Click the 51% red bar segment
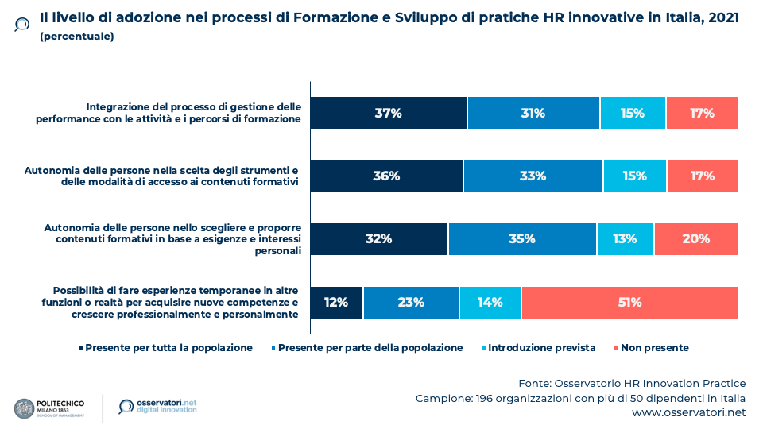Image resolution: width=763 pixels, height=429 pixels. (x=629, y=302)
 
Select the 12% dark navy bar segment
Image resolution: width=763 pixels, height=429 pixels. (x=336, y=302)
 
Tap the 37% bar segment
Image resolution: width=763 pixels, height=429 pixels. (x=388, y=113)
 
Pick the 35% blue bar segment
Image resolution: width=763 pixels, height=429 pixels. (x=522, y=238)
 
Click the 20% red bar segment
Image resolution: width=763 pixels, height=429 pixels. (x=696, y=238)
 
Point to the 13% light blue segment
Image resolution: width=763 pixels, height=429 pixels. (x=625, y=238)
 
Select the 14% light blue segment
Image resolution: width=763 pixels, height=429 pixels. (x=490, y=302)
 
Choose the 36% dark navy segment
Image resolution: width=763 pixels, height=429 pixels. (x=386, y=176)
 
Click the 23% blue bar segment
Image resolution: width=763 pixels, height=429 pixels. (x=411, y=302)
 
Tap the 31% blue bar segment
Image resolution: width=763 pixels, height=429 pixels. (x=533, y=113)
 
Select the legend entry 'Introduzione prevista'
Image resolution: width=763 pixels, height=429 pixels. (x=538, y=348)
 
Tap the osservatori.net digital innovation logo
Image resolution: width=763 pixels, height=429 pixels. (x=157, y=407)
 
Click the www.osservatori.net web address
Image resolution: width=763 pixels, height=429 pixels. (x=689, y=413)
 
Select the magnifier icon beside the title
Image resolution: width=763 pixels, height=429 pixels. (x=22, y=24)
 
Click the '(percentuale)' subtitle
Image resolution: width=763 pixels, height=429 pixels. (x=76, y=36)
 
